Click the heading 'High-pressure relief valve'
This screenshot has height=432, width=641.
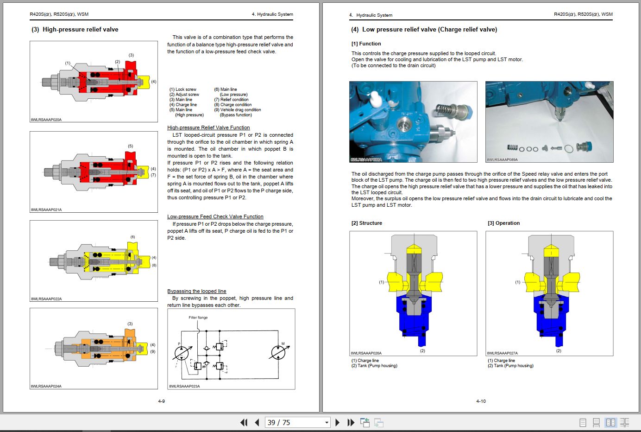click(x=80, y=30)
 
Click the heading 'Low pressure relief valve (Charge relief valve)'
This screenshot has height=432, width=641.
click(x=429, y=30)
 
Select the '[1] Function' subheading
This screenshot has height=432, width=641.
click(x=366, y=44)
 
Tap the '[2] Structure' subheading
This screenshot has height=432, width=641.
click(x=366, y=223)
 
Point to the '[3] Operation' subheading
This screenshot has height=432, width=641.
click(x=503, y=223)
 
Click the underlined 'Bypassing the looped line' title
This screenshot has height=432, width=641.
click(x=196, y=291)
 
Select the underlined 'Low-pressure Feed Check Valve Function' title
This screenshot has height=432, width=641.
click(x=215, y=216)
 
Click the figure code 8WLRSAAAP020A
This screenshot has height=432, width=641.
click(x=46, y=120)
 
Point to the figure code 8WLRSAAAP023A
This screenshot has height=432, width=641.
click(x=184, y=386)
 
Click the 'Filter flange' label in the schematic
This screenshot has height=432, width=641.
click(x=198, y=318)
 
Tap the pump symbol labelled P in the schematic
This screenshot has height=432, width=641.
click(x=181, y=353)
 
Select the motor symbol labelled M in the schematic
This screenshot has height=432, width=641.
click(x=278, y=352)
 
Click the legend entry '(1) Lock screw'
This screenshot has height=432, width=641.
click(x=182, y=89)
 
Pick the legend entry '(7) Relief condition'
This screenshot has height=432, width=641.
click(x=231, y=100)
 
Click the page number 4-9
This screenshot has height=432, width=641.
click(x=161, y=401)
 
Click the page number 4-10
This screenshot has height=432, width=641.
click(x=481, y=401)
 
